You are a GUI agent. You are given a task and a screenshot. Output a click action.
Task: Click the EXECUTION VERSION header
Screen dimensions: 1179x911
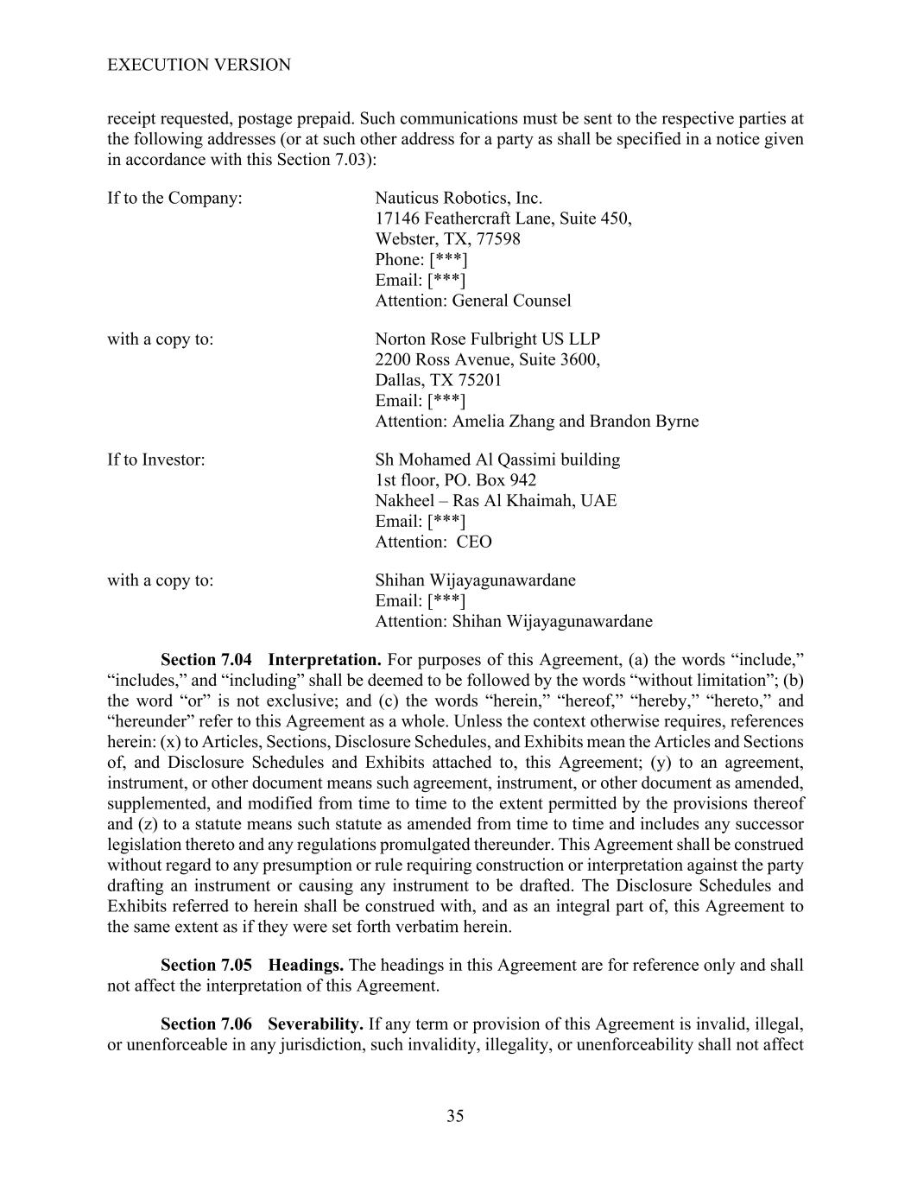(x=199, y=65)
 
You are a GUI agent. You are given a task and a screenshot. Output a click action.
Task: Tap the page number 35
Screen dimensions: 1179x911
(x=455, y=1116)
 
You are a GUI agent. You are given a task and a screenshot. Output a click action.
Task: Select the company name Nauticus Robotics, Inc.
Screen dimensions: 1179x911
(x=459, y=198)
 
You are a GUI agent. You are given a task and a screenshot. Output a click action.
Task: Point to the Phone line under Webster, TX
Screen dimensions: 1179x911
(x=421, y=260)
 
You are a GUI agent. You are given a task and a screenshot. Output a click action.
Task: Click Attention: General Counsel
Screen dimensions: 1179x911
(x=472, y=301)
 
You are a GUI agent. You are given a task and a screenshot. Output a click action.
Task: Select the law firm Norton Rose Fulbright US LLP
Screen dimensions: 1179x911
(x=487, y=339)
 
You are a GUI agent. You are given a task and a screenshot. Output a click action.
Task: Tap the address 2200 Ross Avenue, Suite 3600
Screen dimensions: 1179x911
(x=487, y=359)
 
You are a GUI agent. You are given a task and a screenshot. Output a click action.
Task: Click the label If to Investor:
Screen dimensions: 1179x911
(x=156, y=460)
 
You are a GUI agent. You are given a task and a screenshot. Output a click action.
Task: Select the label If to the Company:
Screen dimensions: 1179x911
(x=174, y=198)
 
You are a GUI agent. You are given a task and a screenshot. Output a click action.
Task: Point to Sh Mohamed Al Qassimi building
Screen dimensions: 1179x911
(x=497, y=460)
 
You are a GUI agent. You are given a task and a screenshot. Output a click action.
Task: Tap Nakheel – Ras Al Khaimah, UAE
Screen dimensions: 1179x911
(x=496, y=501)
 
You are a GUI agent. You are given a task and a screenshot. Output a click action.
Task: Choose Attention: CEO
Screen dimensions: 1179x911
(x=433, y=542)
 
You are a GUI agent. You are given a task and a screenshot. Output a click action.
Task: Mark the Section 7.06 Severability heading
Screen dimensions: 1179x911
(x=261, y=1024)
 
